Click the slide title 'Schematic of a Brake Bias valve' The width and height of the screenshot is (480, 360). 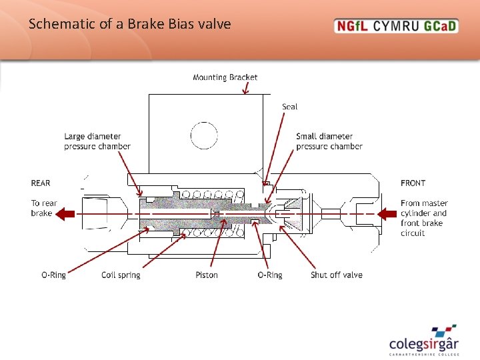pos(130,25)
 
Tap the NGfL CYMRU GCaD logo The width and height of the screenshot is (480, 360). pos(396,27)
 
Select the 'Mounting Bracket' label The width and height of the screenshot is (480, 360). pos(225,77)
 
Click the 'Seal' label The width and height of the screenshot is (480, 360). pos(289,107)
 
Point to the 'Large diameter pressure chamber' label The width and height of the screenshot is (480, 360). pos(97,141)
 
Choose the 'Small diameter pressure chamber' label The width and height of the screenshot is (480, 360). pos(329,141)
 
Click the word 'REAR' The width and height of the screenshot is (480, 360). pos(41,183)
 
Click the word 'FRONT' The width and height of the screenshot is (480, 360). pos(413,183)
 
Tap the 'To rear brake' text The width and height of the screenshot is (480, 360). pos(44,208)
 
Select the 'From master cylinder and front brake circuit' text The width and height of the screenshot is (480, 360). pos(424,218)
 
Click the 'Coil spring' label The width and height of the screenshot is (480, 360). pos(121,275)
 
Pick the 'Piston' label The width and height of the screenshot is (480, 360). pos(207,275)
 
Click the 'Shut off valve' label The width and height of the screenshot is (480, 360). pos(337,275)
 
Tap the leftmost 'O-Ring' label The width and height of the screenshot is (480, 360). pos(53,275)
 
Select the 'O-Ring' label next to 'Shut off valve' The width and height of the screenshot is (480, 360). pos(270,275)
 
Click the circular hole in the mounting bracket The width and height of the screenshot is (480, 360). pos(204,135)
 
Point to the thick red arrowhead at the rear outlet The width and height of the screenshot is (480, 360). pos(64,214)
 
